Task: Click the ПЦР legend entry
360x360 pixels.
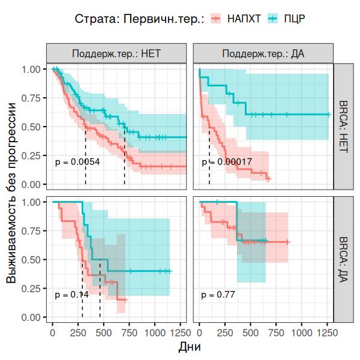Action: click(x=294, y=19)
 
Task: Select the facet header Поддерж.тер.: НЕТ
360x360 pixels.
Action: click(x=117, y=53)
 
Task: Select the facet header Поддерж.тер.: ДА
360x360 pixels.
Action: click(x=263, y=53)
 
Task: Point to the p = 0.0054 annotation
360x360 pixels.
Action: click(x=77, y=162)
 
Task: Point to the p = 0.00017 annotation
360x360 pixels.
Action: click(x=226, y=162)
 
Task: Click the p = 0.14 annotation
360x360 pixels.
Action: click(x=71, y=295)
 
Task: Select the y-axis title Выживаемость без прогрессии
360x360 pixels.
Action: click(x=13, y=192)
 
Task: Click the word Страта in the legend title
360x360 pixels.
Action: click(x=95, y=19)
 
